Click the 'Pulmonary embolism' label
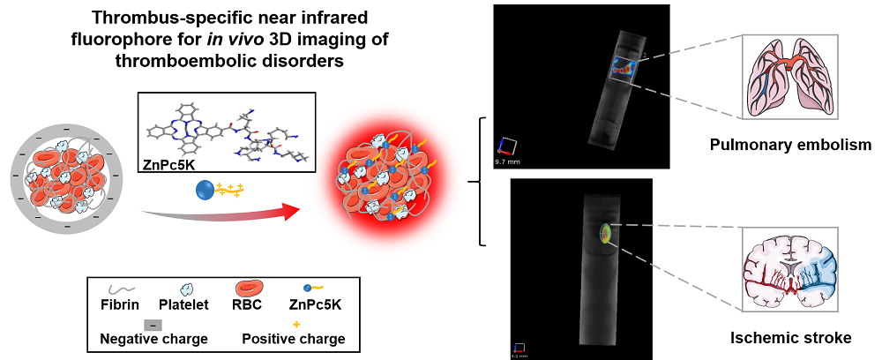(x=790, y=143)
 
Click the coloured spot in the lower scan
(x=606, y=233)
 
